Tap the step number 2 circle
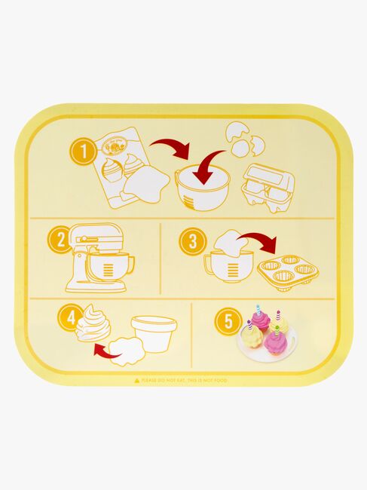click(x=59, y=242)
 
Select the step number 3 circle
click(x=191, y=241)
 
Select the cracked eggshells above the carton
click(x=246, y=140)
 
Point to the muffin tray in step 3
click(x=287, y=272)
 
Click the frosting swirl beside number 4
click(x=93, y=324)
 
